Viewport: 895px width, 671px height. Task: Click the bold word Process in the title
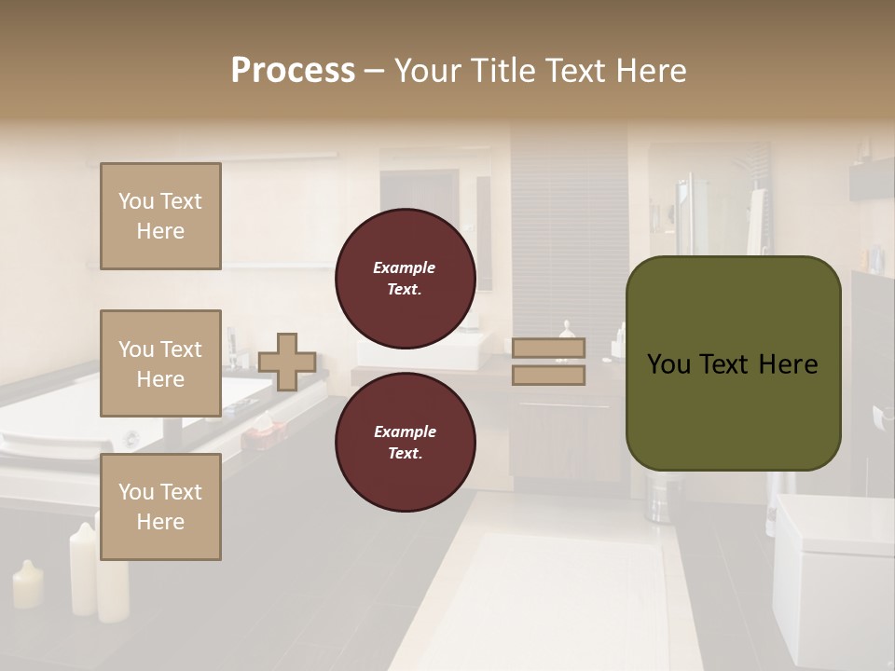293,71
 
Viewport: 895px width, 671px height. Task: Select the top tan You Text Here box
160,216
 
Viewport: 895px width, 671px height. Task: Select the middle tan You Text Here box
160,363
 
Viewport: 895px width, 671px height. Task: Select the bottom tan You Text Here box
160,506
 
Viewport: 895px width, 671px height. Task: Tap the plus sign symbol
287,362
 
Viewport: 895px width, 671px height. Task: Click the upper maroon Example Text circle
406,278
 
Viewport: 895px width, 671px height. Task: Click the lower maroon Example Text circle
406,442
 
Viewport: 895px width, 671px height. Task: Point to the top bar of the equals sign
549,348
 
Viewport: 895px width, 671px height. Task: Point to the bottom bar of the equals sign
549,375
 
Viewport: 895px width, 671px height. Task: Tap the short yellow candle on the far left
27,584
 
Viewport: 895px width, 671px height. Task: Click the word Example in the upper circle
405,267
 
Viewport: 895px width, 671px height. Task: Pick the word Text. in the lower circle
405,453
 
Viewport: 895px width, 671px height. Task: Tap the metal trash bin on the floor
664,499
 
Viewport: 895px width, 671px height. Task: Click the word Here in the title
649,71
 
